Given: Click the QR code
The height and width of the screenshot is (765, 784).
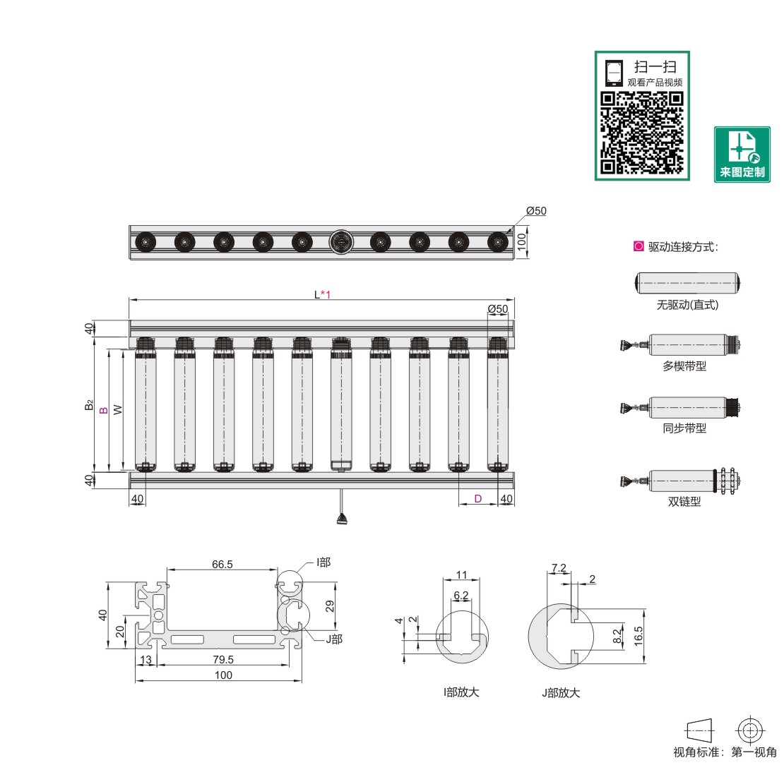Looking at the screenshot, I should point(642,133).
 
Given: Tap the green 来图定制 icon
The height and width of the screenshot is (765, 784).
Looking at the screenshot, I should point(742,154).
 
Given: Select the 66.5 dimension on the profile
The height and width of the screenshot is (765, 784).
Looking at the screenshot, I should point(222,564).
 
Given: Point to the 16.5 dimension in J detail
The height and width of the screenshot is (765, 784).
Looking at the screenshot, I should point(639,633).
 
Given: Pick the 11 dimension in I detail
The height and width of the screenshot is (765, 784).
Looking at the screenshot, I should point(462,574).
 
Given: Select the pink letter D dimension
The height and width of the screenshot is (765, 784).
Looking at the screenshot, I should point(477,499).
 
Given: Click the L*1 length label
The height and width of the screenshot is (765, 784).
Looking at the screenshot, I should point(322,294).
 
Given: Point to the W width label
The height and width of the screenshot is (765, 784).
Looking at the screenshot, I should point(118,409).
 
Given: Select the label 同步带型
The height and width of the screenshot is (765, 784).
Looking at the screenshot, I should point(684,428).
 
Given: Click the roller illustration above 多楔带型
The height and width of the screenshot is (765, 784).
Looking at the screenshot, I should point(682,345).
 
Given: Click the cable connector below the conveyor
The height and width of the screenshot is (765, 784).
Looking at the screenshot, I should point(342,520).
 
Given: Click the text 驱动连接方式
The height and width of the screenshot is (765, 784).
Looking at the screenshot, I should point(683,247).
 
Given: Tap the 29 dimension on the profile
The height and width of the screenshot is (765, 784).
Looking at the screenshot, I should point(328,606).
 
